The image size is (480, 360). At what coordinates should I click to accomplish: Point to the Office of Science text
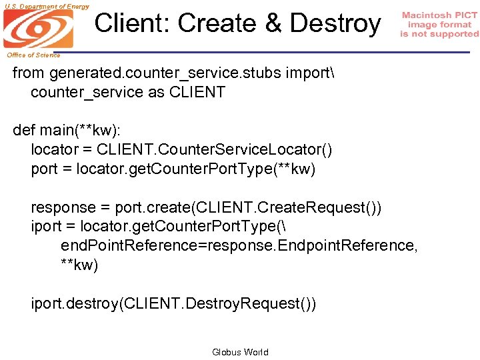(34, 55)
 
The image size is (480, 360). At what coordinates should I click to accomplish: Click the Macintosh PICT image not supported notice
(439, 25)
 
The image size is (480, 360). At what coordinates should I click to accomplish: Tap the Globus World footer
(240, 352)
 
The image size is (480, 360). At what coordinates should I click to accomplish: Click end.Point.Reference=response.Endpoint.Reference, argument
(239, 246)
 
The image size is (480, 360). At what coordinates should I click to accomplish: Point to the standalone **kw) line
(79, 265)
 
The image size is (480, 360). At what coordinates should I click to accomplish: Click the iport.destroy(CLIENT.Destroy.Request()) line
(174, 304)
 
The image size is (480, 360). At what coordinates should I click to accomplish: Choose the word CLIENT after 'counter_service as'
(197, 93)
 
